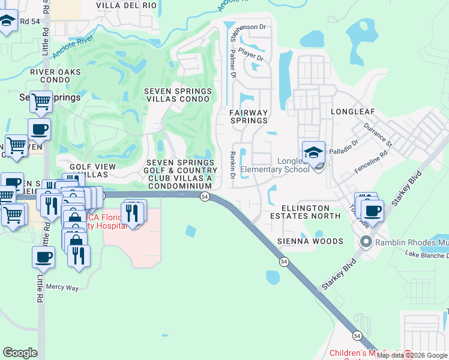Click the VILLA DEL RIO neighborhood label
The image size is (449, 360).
[x=127, y=5]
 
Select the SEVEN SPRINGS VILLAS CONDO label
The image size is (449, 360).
[x=178, y=95]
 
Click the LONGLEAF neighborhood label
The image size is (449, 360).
[x=352, y=112]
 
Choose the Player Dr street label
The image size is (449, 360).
[x=251, y=55]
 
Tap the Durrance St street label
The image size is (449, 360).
[x=378, y=136]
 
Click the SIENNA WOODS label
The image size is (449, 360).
[x=310, y=241]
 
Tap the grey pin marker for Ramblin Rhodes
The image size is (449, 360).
[x=366, y=242]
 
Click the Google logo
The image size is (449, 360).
[x=20, y=353]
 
